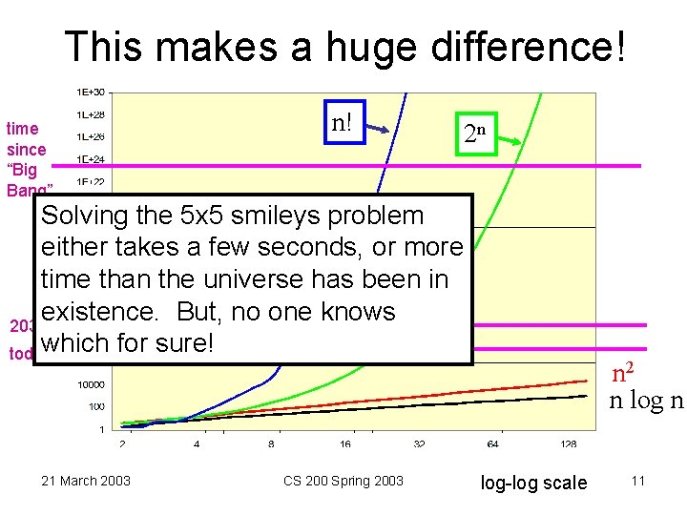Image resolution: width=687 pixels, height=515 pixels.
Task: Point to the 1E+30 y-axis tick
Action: coord(91,93)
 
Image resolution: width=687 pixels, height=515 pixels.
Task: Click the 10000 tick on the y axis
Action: coord(91,384)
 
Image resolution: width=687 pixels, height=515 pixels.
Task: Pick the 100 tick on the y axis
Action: coord(96,407)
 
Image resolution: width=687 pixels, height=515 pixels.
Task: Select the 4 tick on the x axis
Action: coord(197,444)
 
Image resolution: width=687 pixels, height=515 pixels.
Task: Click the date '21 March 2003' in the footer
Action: coord(86,481)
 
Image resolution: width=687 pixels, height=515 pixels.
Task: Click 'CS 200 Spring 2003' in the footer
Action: coord(343,481)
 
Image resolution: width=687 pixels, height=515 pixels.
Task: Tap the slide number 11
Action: coord(638,481)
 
